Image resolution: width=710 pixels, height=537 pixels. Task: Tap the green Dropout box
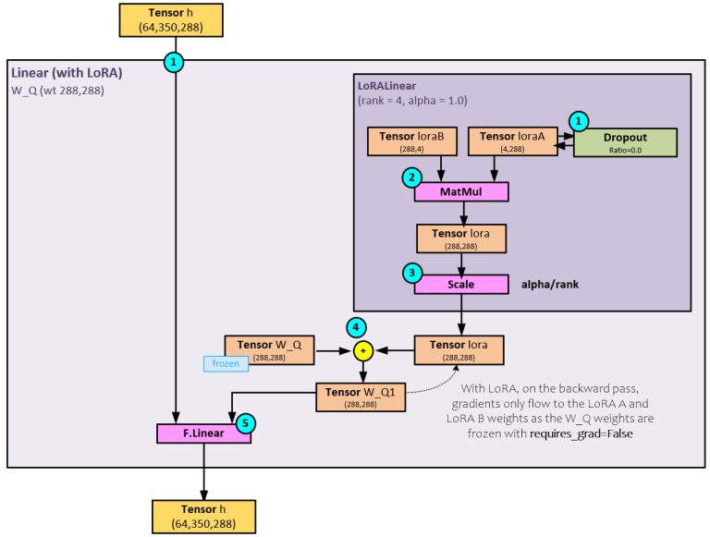point(626,141)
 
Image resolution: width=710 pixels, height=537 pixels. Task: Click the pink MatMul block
point(461,191)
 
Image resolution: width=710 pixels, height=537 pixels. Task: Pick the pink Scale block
point(461,284)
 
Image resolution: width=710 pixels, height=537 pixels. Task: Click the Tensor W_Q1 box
point(361,397)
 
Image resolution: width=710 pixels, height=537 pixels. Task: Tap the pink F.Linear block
point(203,433)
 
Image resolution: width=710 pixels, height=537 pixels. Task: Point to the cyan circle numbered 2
point(411,177)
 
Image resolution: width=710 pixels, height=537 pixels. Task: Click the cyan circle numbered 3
point(411,274)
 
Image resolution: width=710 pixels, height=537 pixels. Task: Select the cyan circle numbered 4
point(355,325)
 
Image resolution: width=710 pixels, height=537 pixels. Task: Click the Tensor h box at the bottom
point(203,515)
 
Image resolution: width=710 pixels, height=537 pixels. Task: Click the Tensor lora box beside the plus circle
point(459,349)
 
